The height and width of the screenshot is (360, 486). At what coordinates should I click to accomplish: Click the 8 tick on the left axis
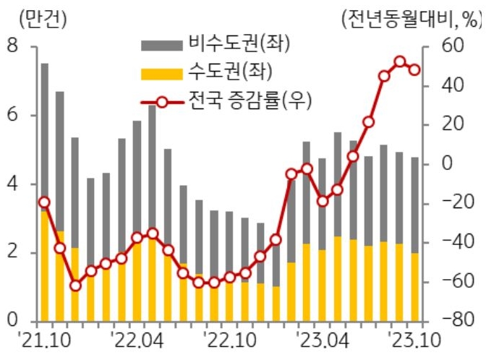point(12,47)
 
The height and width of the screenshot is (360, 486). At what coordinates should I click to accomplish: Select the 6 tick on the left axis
point(12,116)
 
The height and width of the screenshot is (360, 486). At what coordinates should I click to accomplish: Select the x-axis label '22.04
point(137,340)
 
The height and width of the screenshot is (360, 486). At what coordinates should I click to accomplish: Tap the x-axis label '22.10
point(230,340)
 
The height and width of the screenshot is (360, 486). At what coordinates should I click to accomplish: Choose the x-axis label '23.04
point(323,340)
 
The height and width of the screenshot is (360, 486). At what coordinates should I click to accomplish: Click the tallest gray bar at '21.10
point(45,137)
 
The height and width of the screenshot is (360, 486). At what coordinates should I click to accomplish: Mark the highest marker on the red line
point(400,62)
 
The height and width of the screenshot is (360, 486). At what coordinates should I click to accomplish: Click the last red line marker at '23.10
point(414,70)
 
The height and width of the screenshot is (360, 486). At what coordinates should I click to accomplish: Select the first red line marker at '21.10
point(45,202)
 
